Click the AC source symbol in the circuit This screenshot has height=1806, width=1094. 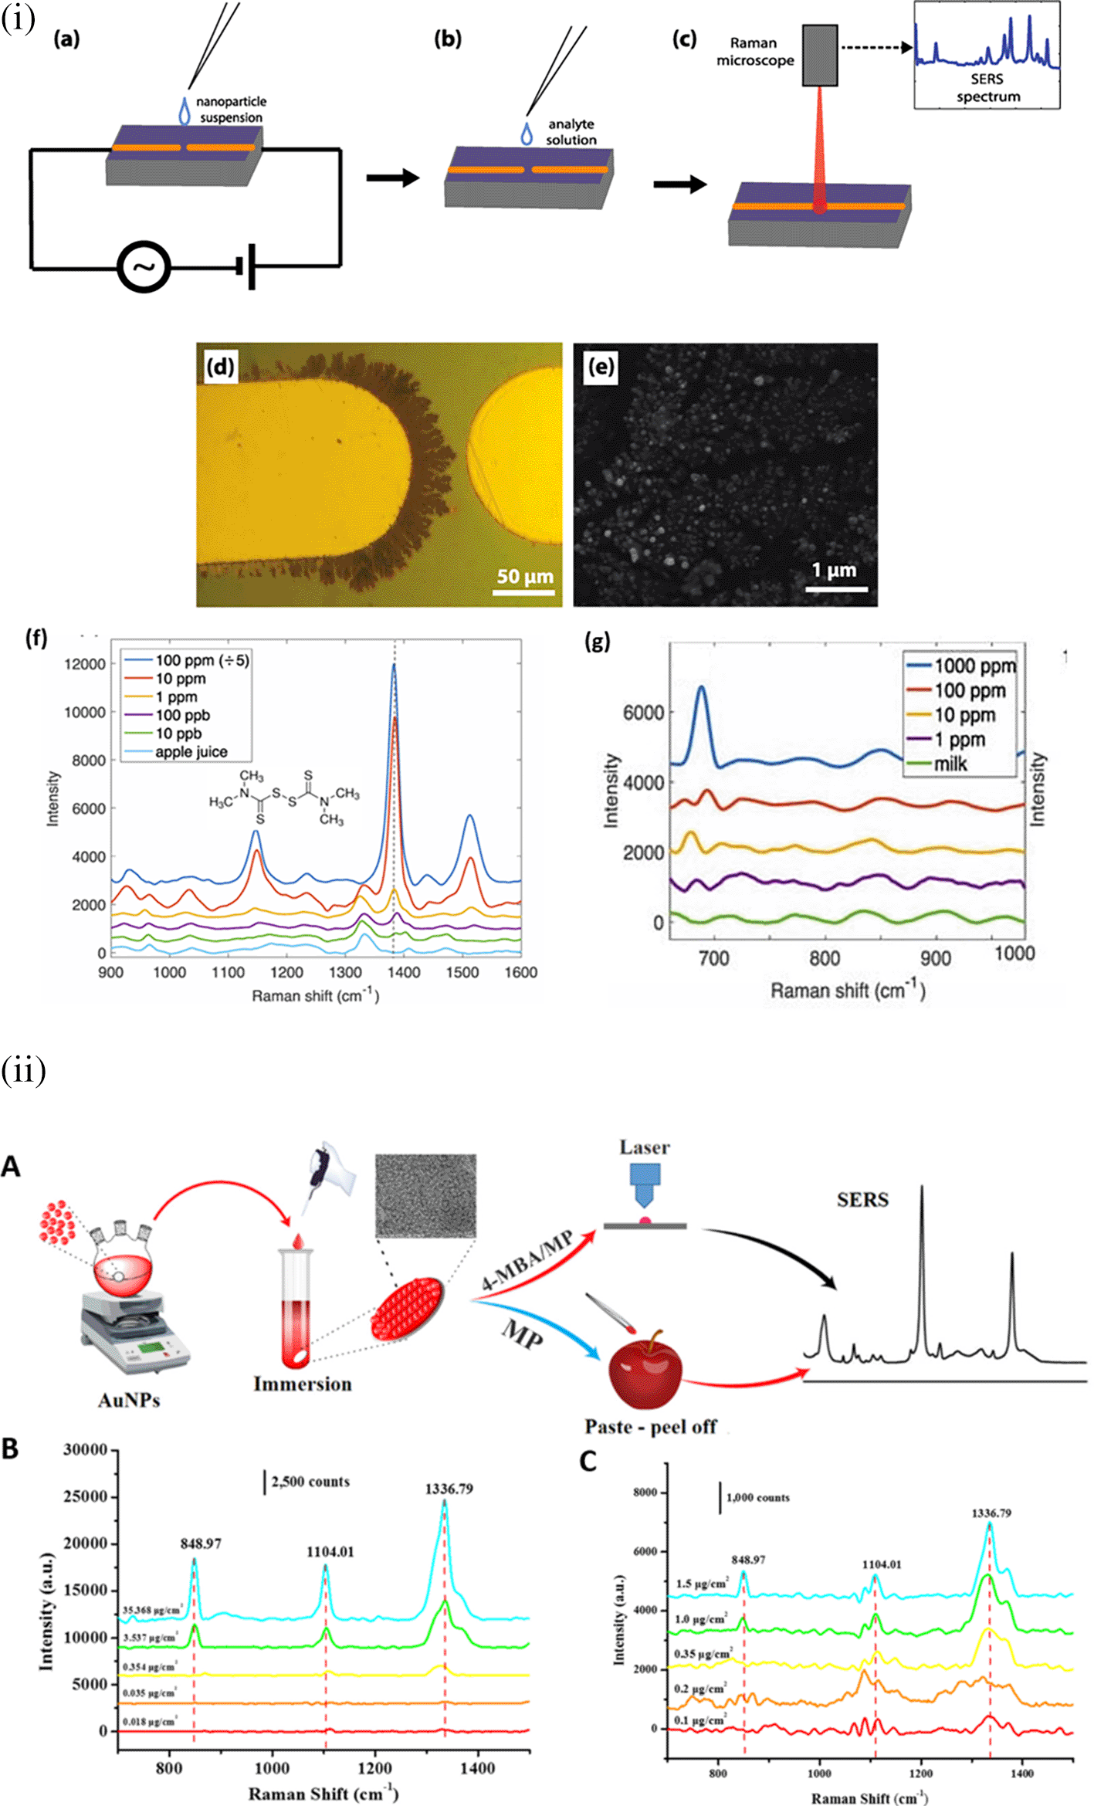coord(144,267)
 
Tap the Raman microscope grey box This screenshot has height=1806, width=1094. coord(819,55)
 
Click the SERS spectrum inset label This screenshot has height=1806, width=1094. coord(987,88)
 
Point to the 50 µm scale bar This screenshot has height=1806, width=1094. coord(523,592)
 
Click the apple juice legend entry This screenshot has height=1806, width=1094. coord(191,752)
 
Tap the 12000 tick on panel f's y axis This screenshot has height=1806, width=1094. coord(85,664)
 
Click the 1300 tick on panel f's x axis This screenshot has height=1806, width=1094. coord(345,972)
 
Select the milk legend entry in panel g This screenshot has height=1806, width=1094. coord(950,764)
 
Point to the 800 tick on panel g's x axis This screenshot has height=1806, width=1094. coord(824,959)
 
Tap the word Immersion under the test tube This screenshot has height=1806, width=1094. coord(303,1384)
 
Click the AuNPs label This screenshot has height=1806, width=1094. coord(129,1400)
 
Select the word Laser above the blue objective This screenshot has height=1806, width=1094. coord(645,1147)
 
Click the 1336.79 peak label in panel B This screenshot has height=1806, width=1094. coord(449,1489)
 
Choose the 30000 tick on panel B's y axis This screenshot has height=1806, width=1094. coord(85,1449)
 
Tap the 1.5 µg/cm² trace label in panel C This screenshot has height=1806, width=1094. coord(702,1584)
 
